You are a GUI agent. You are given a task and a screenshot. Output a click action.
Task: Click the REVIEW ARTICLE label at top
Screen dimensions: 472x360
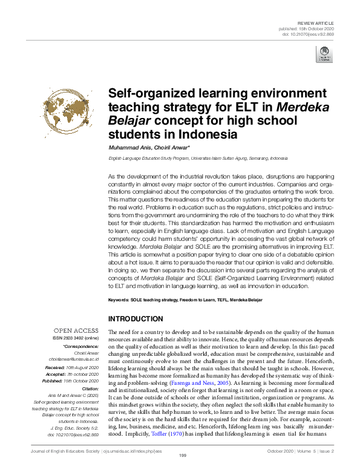[316, 22]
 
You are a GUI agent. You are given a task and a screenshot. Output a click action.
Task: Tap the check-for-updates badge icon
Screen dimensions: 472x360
[324, 55]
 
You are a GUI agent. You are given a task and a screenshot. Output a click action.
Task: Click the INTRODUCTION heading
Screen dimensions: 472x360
[135, 318]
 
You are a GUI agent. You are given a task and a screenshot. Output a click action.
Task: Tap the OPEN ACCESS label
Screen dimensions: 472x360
[76, 331]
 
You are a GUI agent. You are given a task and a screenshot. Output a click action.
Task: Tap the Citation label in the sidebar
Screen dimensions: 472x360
[89, 388]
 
